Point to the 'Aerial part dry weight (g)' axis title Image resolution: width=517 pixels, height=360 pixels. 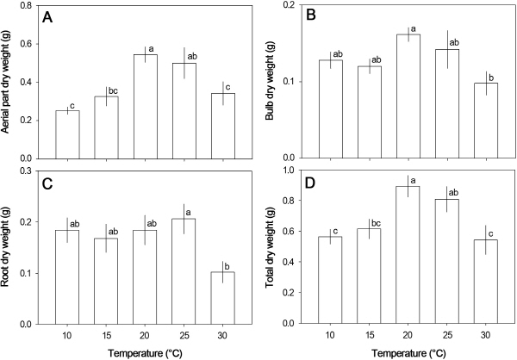pyautogui.click(x=9, y=83)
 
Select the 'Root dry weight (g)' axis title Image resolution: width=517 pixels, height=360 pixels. pyautogui.click(x=9, y=248)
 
